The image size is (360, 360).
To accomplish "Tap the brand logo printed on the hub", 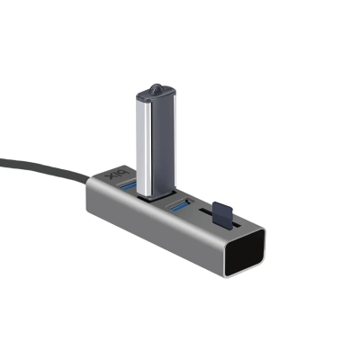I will click(x=110, y=171).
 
